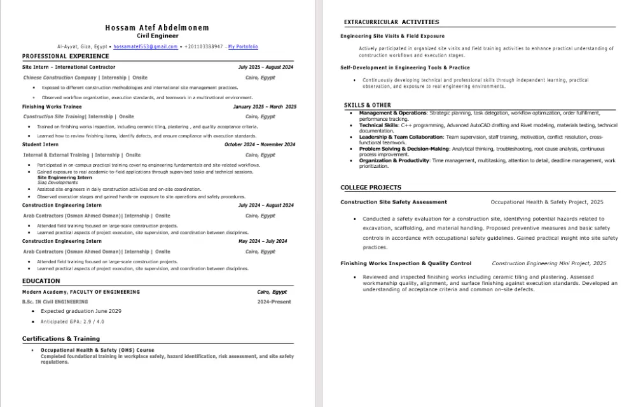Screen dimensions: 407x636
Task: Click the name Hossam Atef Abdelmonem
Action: (157, 28)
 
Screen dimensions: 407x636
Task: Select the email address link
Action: (145, 47)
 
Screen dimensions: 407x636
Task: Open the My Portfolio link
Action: (243, 47)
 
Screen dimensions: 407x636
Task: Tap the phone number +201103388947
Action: (204, 47)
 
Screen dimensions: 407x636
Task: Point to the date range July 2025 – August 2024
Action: (266, 67)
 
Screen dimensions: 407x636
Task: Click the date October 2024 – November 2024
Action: (259, 144)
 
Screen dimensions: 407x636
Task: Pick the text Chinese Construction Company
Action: (60, 78)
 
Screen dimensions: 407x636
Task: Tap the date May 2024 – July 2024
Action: (263, 242)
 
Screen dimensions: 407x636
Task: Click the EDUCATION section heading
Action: (41, 281)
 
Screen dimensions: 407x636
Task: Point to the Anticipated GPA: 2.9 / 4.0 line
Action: (73, 322)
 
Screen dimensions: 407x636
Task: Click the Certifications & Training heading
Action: (61, 339)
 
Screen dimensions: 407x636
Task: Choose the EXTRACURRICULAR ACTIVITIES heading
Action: (391, 22)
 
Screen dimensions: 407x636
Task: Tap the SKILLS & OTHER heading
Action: (368, 105)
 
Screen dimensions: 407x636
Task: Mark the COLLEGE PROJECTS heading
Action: (371, 188)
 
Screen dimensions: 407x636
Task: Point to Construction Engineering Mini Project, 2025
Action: (549, 263)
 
